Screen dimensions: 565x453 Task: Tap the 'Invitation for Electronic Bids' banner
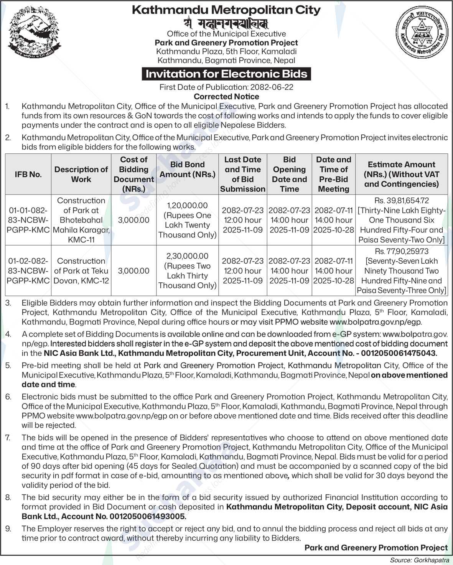coord(226,74)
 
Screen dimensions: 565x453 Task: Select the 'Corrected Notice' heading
coord(226,97)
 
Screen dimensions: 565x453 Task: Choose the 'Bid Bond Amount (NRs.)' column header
coord(187,170)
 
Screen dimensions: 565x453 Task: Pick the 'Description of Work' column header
coord(81,174)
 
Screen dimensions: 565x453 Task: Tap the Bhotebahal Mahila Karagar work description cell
coord(81,220)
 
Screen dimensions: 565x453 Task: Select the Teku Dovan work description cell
coord(81,271)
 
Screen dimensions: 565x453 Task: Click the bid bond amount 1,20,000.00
coord(187,206)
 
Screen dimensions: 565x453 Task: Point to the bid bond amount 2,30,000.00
coord(187,256)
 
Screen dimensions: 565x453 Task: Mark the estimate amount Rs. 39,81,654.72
coord(402,201)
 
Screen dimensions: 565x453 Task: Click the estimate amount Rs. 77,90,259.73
coord(402,251)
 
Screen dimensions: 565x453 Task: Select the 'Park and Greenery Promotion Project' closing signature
coord(376,548)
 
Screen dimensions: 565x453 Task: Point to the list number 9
coord(8,529)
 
